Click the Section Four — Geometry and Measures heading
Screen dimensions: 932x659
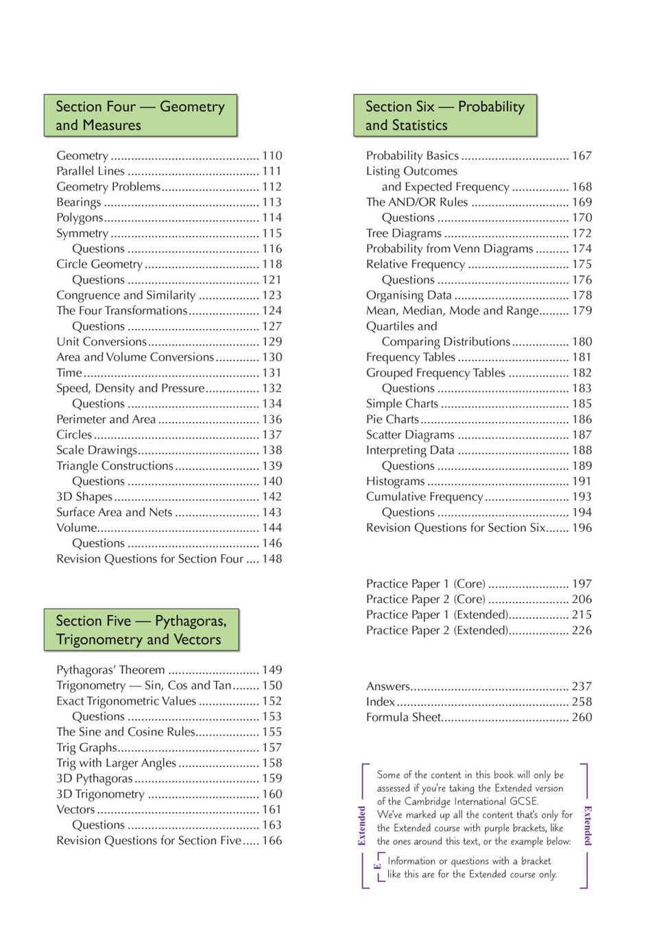click(x=141, y=115)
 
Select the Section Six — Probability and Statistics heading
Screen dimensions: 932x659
click(x=444, y=115)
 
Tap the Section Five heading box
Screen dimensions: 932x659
click(x=141, y=629)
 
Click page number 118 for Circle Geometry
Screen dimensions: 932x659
click(x=272, y=264)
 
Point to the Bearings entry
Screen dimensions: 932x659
click(x=79, y=202)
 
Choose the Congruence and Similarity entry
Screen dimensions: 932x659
click(x=126, y=295)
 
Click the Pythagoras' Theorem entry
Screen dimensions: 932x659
click(x=110, y=670)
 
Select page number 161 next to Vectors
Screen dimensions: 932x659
click(x=272, y=809)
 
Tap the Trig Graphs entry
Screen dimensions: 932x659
click(x=87, y=747)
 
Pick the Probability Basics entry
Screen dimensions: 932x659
click(x=412, y=156)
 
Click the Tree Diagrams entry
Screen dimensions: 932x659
click(x=403, y=233)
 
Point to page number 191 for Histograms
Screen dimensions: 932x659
click(x=582, y=481)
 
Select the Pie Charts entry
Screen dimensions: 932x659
click(x=392, y=419)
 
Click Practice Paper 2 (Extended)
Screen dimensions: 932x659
click(x=437, y=630)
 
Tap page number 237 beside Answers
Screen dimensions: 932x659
click(x=582, y=686)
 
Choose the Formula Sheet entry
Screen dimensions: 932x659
click(x=403, y=717)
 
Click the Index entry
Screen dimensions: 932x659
click(x=381, y=701)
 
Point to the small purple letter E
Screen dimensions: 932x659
click(x=377, y=866)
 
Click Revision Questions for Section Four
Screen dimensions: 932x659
click(x=150, y=559)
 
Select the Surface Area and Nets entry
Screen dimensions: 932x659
click(x=115, y=512)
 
